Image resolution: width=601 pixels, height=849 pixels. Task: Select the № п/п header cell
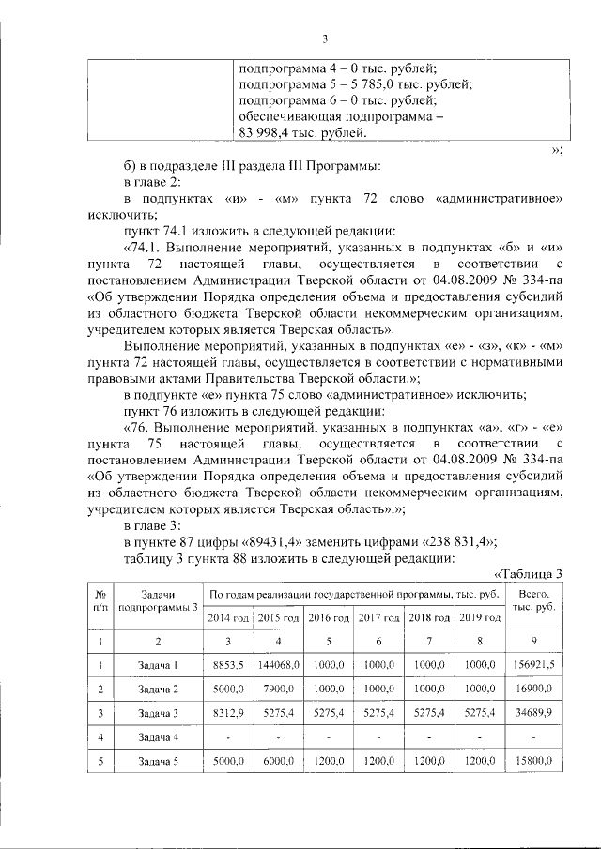tap(100, 601)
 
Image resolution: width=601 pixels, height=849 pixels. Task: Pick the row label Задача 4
tap(158, 737)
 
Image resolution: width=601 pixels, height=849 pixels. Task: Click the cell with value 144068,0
tap(278, 665)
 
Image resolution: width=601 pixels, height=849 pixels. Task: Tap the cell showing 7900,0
tap(278, 689)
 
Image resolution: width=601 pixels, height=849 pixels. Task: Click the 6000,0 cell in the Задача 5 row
tap(278, 762)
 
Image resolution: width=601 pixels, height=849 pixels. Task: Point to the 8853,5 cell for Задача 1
tap(228, 665)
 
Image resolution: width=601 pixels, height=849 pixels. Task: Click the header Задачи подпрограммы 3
tap(158, 601)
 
